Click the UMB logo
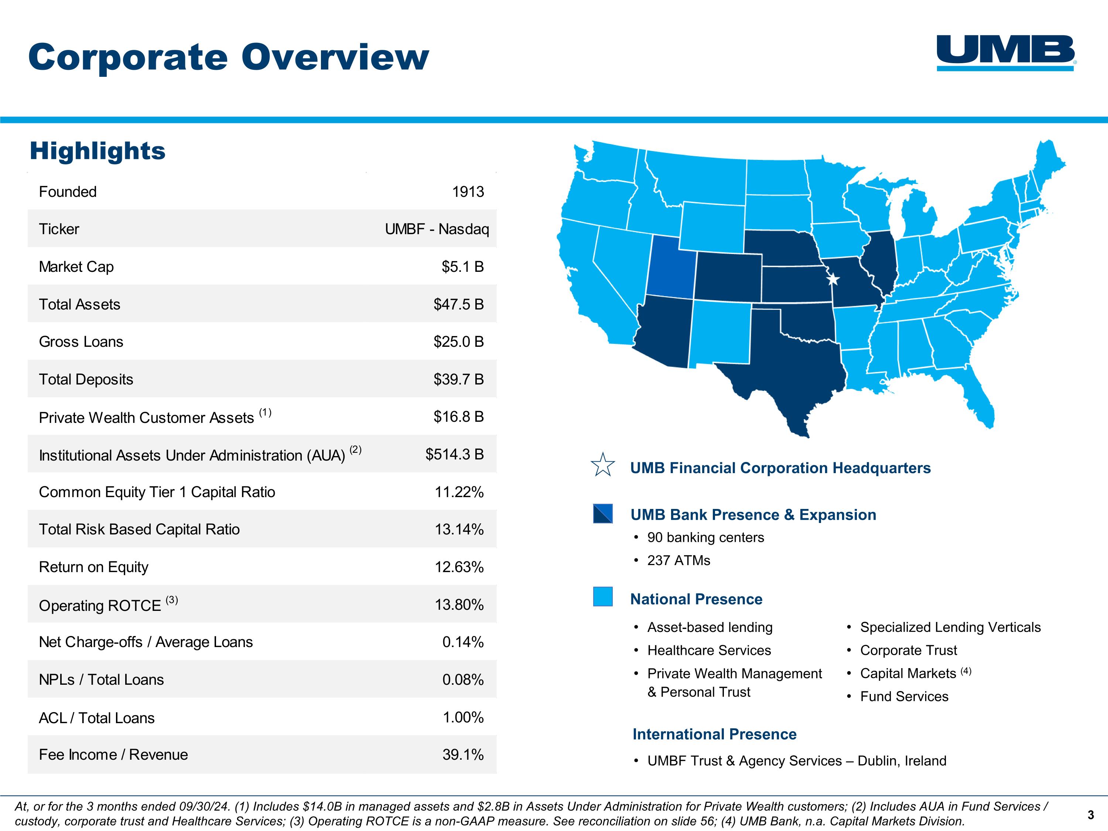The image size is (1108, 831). click(x=1006, y=52)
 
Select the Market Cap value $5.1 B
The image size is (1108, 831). click(x=462, y=267)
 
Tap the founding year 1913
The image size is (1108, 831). click(x=468, y=192)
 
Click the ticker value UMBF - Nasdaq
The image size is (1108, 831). click(x=437, y=229)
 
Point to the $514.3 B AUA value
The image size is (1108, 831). click(x=454, y=454)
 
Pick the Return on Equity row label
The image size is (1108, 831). click(x=94, y=567)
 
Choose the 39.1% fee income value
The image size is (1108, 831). click(x=463, y=754)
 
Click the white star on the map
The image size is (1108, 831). click(x=832, y=279)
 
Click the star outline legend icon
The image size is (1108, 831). click(x=603, y=465)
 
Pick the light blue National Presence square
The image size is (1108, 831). click(x=603, y=596)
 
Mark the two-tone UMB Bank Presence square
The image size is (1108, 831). click(x=603, y=513)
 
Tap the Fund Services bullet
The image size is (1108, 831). click(x=904, y=696)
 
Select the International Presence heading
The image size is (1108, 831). click(x=714, y=734)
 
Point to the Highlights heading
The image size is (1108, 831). click(x=98, y=151)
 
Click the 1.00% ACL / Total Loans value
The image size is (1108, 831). click(x=463, y=717)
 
